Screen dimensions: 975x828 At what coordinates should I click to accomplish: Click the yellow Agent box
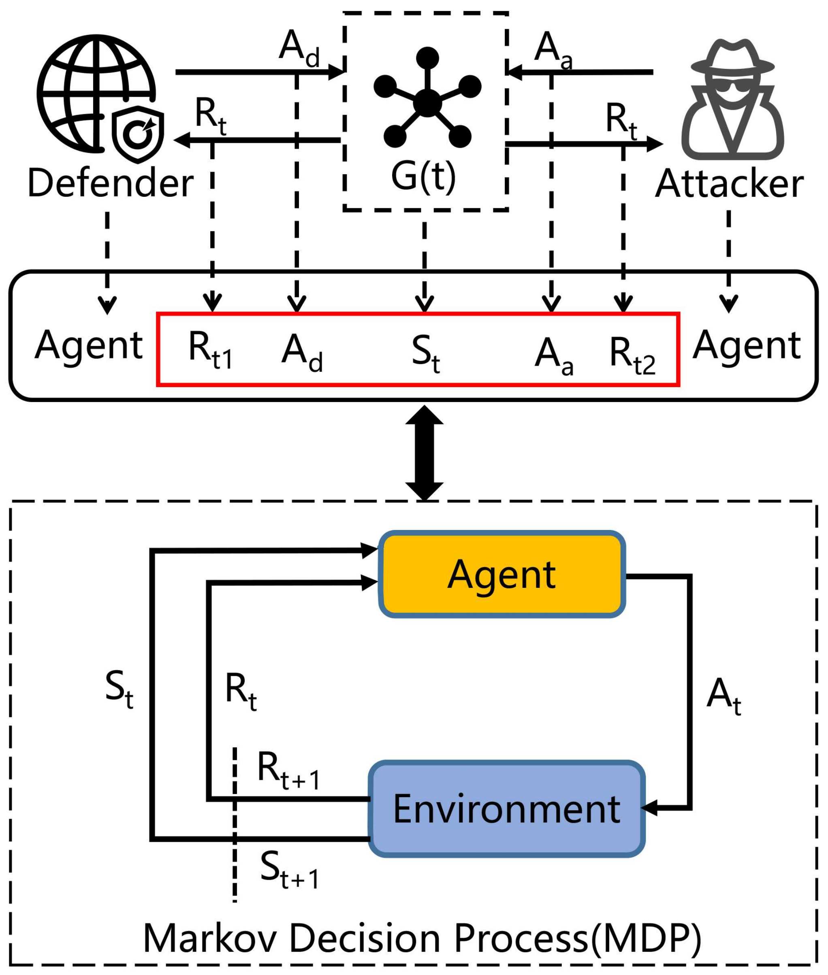pyautogui.click(x=502, y=574)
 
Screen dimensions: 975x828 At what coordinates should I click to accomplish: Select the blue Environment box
pyautogui.click(x=506, y=809)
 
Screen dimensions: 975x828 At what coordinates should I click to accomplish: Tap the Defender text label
pyautogui.click(x=110, y=183)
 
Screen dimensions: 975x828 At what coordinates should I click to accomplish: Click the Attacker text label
pyautogui.click(x=729, y=183)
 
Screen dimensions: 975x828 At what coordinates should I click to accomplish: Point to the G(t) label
pyautogui.click(x=423, y=177)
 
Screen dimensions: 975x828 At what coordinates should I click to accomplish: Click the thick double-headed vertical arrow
pyautogui.click(x=424, y=453)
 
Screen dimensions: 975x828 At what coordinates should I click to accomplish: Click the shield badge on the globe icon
pyautogui.click(x=138, y=134)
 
